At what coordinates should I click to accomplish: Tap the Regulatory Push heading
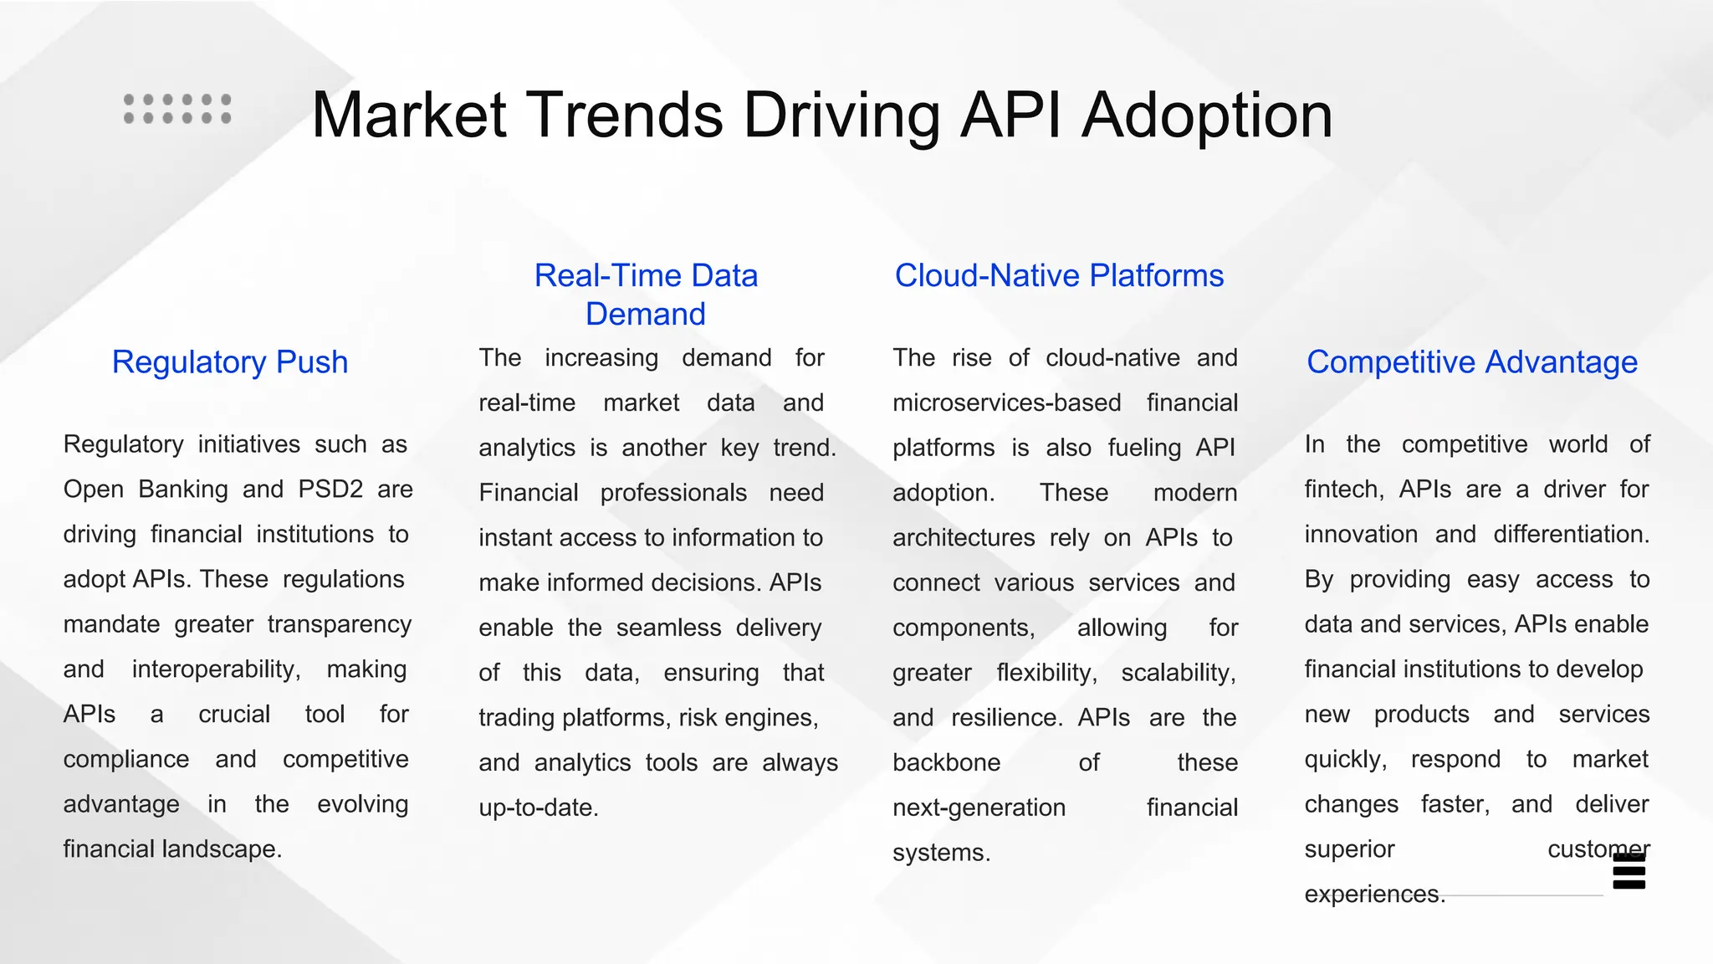coord(230,361)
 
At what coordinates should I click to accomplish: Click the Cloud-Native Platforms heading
coord(1059,275)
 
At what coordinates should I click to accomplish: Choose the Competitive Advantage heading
coord(1472,361)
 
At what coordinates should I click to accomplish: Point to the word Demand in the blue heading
coord(646,314)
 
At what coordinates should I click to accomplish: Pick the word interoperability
coord(216,669)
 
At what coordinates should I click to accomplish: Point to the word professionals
coord(673,493)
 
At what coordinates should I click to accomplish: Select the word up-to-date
coord(538,808)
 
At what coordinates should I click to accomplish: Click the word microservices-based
coord(1006,403)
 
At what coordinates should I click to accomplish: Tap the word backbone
coord(946,763)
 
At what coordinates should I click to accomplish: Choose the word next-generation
coord(979,808)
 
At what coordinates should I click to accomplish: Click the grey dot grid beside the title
coord(177,109)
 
